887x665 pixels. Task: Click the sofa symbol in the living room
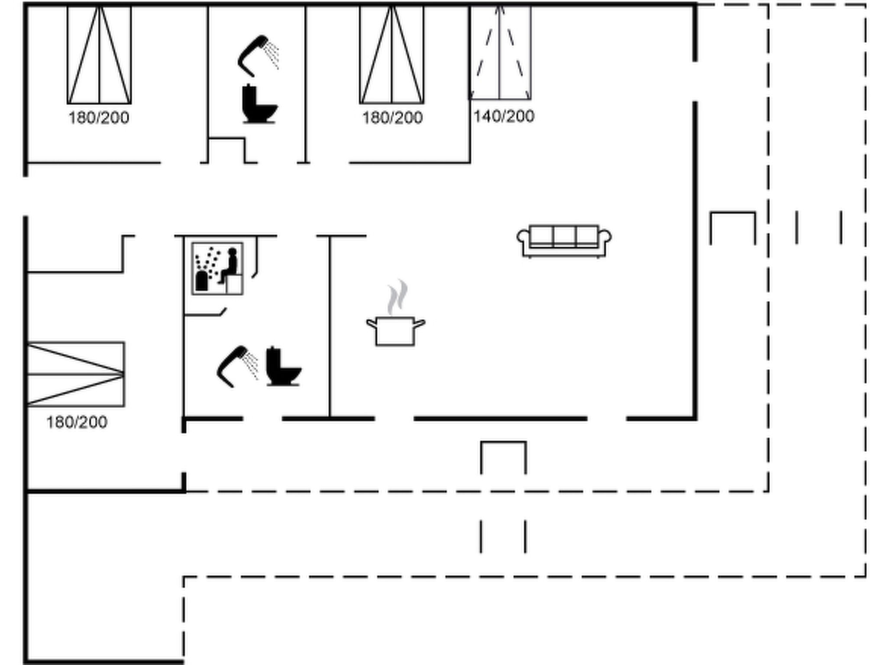tap(564, 241)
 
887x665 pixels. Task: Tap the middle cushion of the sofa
tap(564, 236)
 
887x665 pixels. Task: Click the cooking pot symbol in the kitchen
tap(395, 331)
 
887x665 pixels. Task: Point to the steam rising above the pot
tap(397, 297)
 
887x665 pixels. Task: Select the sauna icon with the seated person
tap(217, 269)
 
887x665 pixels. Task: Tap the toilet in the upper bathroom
tap(259, 104)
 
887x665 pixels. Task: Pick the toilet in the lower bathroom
tap(283, 366)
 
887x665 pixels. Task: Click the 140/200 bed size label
tap(504, 116)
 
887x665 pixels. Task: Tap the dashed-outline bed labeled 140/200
tap(500, 52)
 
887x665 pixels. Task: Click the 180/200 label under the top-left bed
tap(99, 118)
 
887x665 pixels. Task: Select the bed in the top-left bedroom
tap(99, 55)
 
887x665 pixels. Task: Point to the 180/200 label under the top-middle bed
tap(392, 118)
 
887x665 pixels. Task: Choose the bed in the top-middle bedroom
tap(392, 55)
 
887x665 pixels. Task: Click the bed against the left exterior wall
tap(76, 374)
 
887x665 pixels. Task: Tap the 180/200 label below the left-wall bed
tap(77, 422)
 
